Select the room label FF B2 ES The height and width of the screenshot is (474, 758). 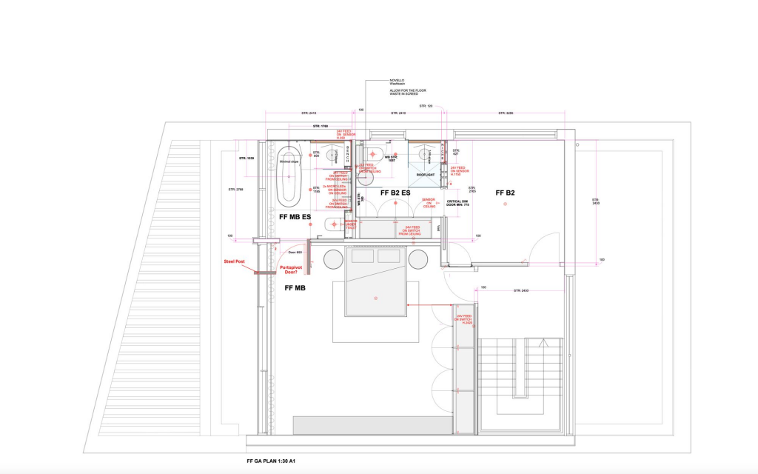tap(395, 193)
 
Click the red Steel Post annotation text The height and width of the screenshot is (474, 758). tap(235, 261)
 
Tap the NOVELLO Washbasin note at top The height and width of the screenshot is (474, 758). tap(398, 82)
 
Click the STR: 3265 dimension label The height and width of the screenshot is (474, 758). tap(506, 113)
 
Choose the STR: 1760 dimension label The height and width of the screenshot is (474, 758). tap(320, 127)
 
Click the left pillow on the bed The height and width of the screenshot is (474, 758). tap(362, 256)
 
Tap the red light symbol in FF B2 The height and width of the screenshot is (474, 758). tap(505, 205)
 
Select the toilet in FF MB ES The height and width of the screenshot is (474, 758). tap(332, 224)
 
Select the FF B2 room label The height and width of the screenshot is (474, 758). tap(505, 193)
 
